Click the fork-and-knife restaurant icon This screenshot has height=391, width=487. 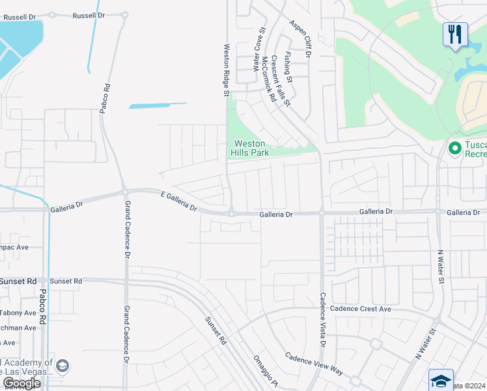tap(455, 34)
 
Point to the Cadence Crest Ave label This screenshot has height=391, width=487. tap(361, 308)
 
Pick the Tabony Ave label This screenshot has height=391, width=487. tap(18, 312)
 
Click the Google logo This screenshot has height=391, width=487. tap(21, 383)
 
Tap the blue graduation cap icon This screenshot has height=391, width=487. tap(441, 379)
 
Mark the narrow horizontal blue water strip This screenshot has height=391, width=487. tap(158, 105)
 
